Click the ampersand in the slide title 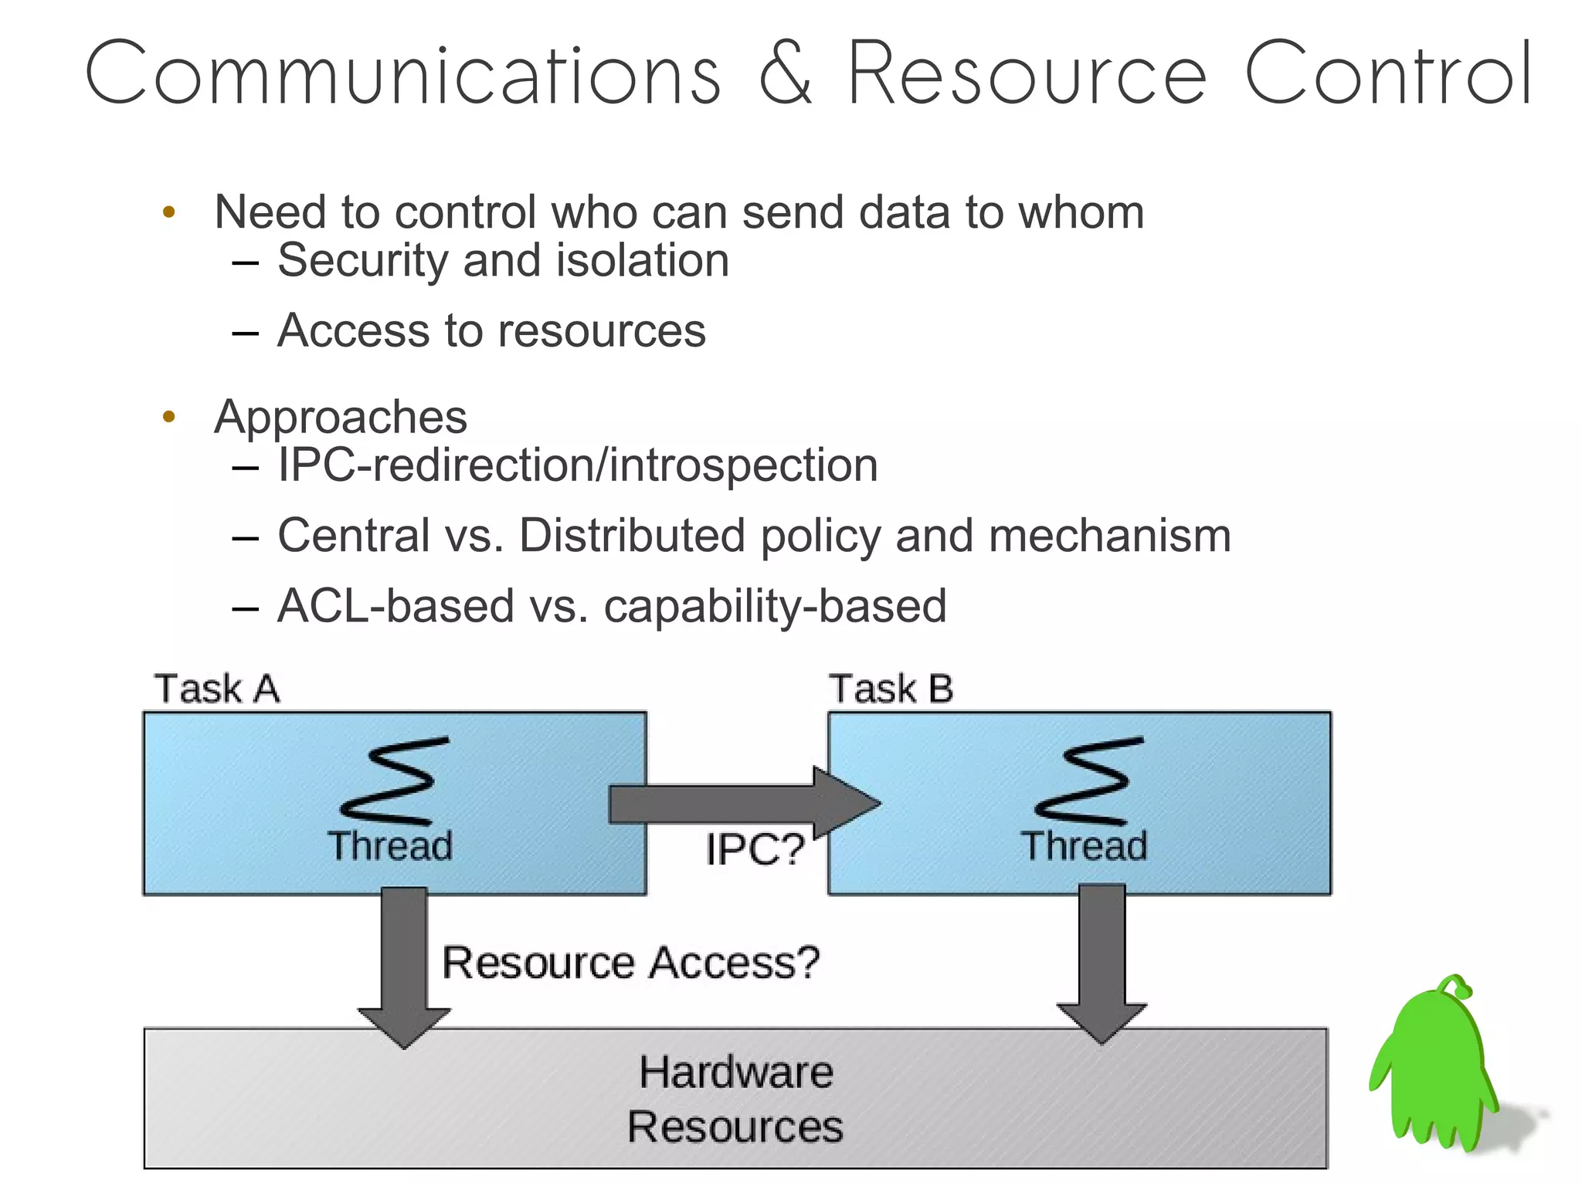pyautogui.click(x=785, y=74)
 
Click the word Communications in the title pyautogui.click(x=402, y=74)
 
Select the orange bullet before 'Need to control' pyautogui.click(x=169, y=212)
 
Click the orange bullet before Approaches pyautogui.click(x=169, y=417)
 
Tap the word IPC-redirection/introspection pyautogui.click(x=578, y=466)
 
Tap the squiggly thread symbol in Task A pyautogui.click(x=395, y=781)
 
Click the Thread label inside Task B pyautogui.click(x=1084, y=846)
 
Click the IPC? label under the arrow pyautogui.click(x=755, y=850)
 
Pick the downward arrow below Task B pyautogui.click(x=1102, y=965)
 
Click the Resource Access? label pyautogui.click(x=630, y=963)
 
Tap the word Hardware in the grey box pyautogui.click(x=736, y=1072)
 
